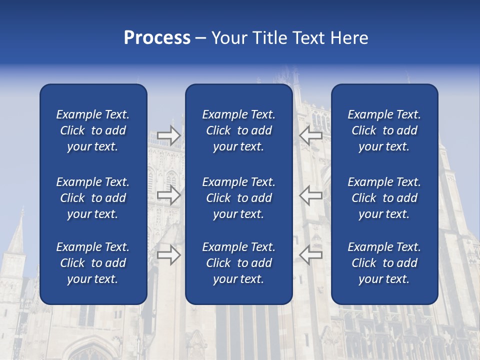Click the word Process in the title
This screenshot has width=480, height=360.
pos(157,38)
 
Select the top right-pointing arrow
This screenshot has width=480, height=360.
pos(168,135)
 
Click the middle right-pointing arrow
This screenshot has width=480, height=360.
pos(168,195)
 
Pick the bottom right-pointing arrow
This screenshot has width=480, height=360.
pos(168,255)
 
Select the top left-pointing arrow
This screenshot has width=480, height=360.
pos(311,135)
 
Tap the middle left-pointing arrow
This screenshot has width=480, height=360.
pos(311,195)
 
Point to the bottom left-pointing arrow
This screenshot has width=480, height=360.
pos(311,255)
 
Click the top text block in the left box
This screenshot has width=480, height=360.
pos(93,130)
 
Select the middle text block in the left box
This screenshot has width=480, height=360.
pos(93,198)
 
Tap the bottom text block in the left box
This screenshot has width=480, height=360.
pos(93,263)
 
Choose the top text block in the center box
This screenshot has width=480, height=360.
pos(238,130)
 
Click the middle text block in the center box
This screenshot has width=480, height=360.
pos(238,198)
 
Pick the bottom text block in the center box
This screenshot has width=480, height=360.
pos(238,263)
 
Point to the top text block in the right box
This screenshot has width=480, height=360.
pos(384,130)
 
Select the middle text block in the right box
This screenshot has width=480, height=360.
pos(384,198)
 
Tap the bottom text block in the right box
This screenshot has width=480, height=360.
pos(384,263)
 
